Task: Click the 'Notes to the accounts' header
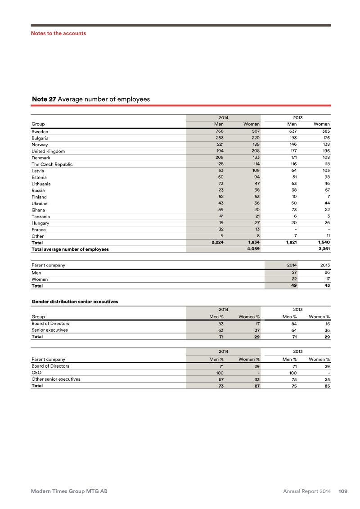(58, 33)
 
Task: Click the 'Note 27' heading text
(44, 99)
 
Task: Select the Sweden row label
(40, 132)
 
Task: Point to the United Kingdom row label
(48, 151)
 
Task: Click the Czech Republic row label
(52, 164)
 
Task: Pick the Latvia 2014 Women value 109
(255, 171)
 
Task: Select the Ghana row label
(38, 210)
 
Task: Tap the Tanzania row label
(41, 216)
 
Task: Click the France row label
(39, 230)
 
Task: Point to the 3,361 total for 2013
(323, 249)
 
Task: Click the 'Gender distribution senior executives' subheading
(75, 302)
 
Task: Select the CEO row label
(36, 373)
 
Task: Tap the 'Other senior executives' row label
(56, 379)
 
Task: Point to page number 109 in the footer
(343, 491)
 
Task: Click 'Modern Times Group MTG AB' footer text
(69, 491)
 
